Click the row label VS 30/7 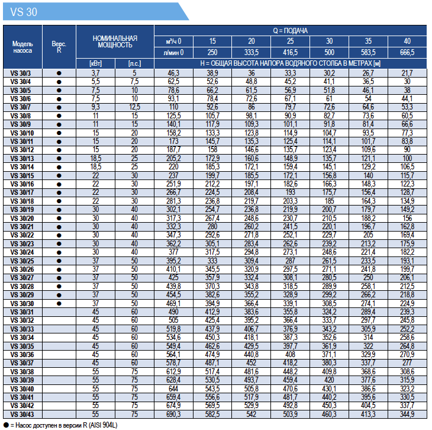point(21,107)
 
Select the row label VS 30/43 point(22,414)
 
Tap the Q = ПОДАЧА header point(290,31)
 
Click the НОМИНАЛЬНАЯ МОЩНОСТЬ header point(115,41)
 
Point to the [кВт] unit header point(96,64)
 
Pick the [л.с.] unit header point(134,64)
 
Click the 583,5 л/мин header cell point(368,52)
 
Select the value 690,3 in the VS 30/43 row point(173,414)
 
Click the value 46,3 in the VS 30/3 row point(173,73)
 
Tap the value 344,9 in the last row point(407,414)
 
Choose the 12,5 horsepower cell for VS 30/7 point(134,107)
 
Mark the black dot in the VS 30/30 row point(59,304)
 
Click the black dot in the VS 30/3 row point(59,73)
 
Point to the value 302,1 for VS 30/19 point(173,210)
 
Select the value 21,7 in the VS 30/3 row point(407,73)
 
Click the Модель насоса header point(22,47)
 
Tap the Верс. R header point(59,47)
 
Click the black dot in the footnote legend point(7,425)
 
